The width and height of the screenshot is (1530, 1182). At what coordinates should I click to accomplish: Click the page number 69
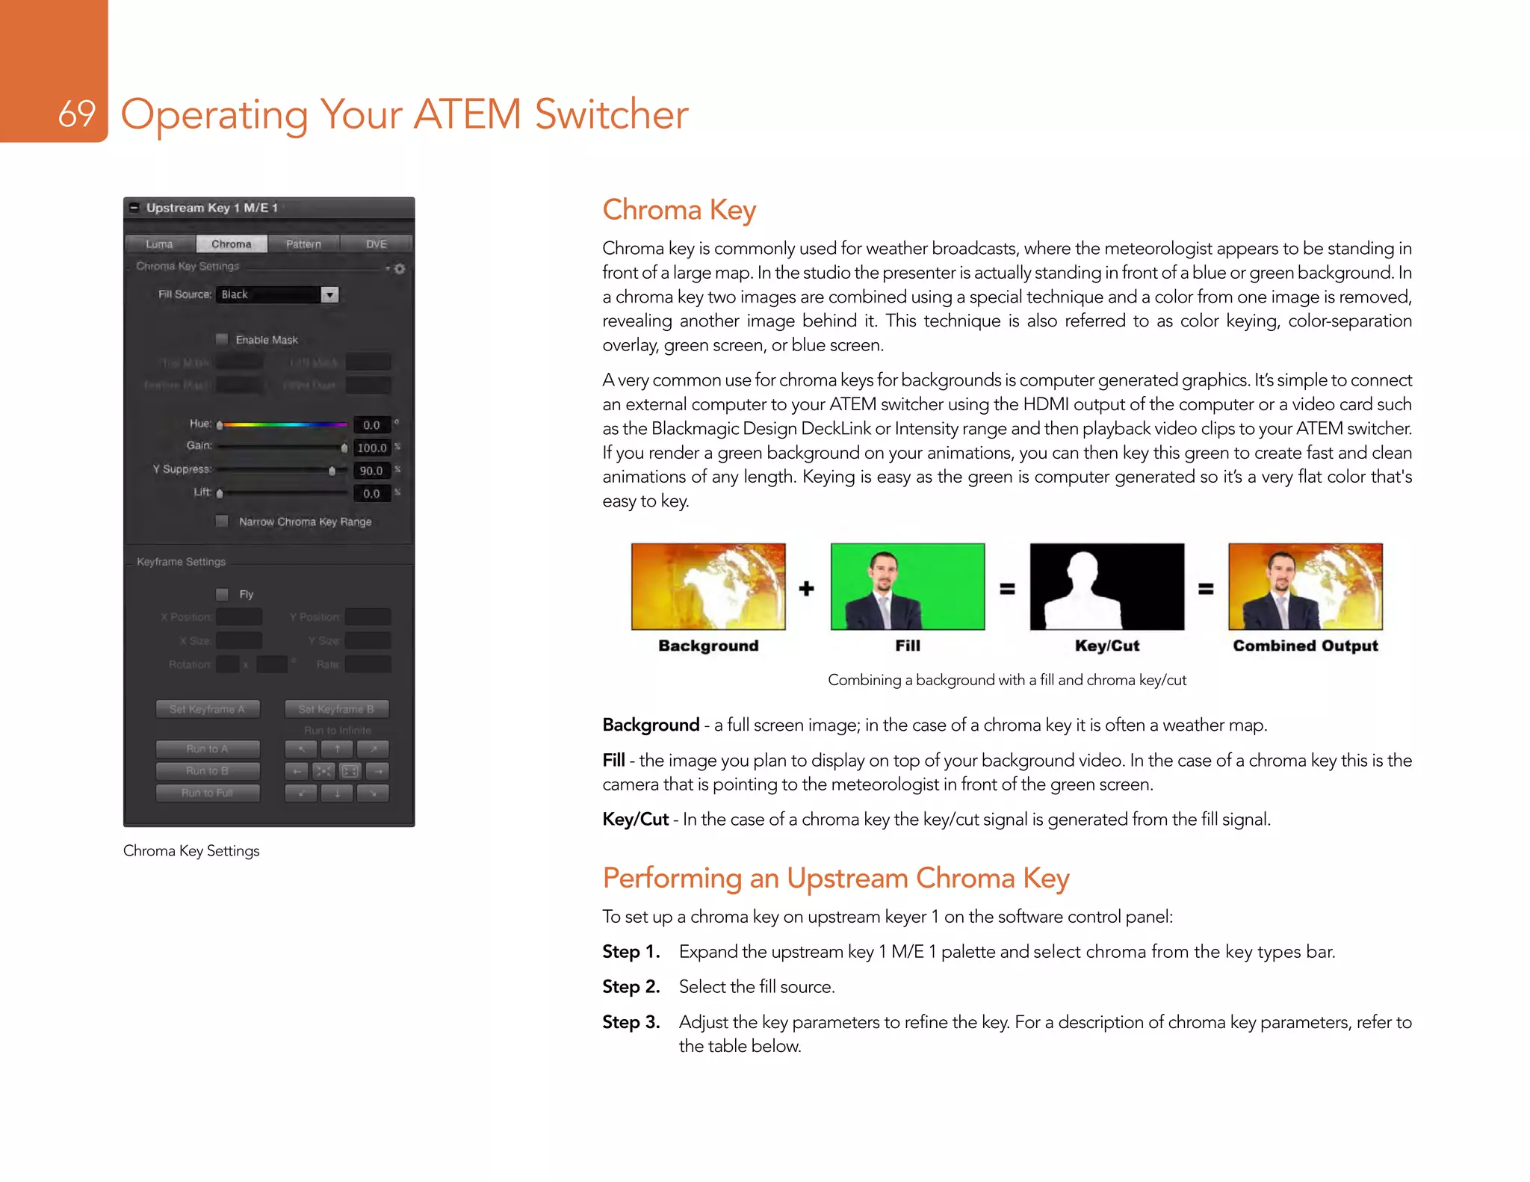pos(76,114)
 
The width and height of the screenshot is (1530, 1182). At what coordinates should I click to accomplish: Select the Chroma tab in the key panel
pos(231,244)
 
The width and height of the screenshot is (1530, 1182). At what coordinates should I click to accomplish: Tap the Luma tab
pos(159,244)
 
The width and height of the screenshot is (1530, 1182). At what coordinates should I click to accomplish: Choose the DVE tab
pos(376,244)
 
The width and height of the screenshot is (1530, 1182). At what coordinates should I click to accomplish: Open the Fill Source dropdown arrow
pos(329,294)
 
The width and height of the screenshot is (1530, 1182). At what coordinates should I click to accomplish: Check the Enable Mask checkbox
pos(222,339)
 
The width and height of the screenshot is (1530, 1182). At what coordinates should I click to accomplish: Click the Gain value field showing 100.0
pos(371,448)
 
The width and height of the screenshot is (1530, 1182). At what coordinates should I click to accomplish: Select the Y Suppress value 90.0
pos(371,471)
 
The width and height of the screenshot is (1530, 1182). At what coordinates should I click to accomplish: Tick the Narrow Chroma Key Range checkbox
pos(222,522)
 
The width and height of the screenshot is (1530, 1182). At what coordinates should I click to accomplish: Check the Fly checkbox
pos(222,594)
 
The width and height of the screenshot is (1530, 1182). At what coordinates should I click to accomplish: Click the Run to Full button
pos(208,793)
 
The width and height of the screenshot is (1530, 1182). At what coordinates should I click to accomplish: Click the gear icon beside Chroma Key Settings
pos(400,268)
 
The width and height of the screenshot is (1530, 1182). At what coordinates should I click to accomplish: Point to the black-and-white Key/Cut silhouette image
pos(1106,587)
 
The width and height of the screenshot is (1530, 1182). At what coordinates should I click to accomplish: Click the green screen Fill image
pos(907,587)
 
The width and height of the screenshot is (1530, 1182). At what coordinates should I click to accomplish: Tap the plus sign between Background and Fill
pos(806,589)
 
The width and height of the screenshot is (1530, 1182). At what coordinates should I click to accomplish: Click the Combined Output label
pos(1304,646)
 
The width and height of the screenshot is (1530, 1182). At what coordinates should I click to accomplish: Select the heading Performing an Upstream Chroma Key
pos(835,878)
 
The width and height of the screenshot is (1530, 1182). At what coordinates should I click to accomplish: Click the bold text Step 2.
pos(631,986)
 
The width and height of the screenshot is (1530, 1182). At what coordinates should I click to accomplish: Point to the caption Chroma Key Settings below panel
pos(191,850)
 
